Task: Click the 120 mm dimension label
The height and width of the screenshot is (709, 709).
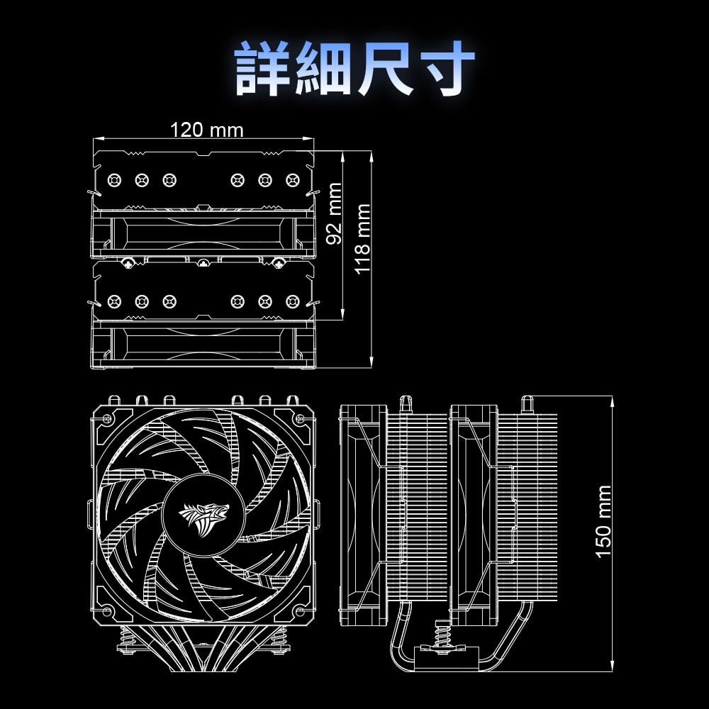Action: point(206,130)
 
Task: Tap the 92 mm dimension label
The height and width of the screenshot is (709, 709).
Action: point(334,213)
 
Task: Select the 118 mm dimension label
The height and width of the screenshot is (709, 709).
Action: point(362,239)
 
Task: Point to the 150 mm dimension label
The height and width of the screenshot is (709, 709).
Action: point(603,522)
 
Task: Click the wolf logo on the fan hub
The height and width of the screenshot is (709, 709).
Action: point(204,518)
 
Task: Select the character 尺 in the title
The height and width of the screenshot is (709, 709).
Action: point(386,68)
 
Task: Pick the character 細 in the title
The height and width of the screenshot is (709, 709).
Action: point(324,68)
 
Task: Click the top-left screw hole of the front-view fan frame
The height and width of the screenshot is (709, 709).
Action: point(107,419)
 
